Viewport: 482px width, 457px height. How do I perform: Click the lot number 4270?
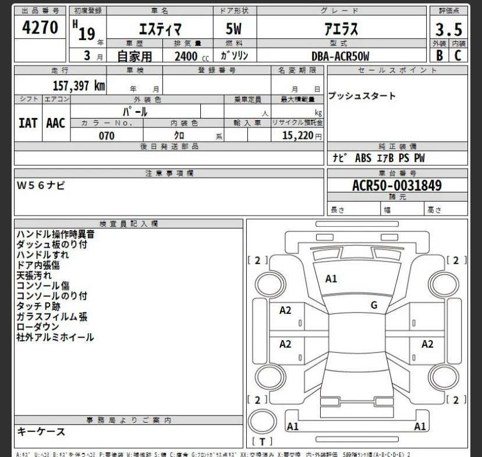[40, 27]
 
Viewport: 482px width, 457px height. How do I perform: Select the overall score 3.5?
[448, 28]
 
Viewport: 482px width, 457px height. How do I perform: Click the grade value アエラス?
[341, 28]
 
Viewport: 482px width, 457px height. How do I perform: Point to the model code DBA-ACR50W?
[341, 56]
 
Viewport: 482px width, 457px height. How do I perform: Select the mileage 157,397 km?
[79, 85]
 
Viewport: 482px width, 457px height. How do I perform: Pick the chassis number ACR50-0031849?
[397, 185]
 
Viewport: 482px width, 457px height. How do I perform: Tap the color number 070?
[107, 135]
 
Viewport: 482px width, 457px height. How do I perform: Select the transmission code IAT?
[28, 123]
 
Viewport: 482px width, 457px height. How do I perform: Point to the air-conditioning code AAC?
[56, 123]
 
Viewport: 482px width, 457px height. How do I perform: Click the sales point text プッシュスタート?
[361, 96]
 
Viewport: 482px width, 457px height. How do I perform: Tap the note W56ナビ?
[41, 185]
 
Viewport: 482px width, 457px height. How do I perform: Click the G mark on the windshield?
[374, 305]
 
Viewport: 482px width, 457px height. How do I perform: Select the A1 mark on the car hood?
[331, 279]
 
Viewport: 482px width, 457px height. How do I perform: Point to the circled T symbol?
[262, 441]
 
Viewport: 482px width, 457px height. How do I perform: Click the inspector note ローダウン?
[38, 327]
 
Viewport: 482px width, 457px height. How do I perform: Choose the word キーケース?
[41, 432]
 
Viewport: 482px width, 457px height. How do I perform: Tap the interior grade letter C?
[458, 56]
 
